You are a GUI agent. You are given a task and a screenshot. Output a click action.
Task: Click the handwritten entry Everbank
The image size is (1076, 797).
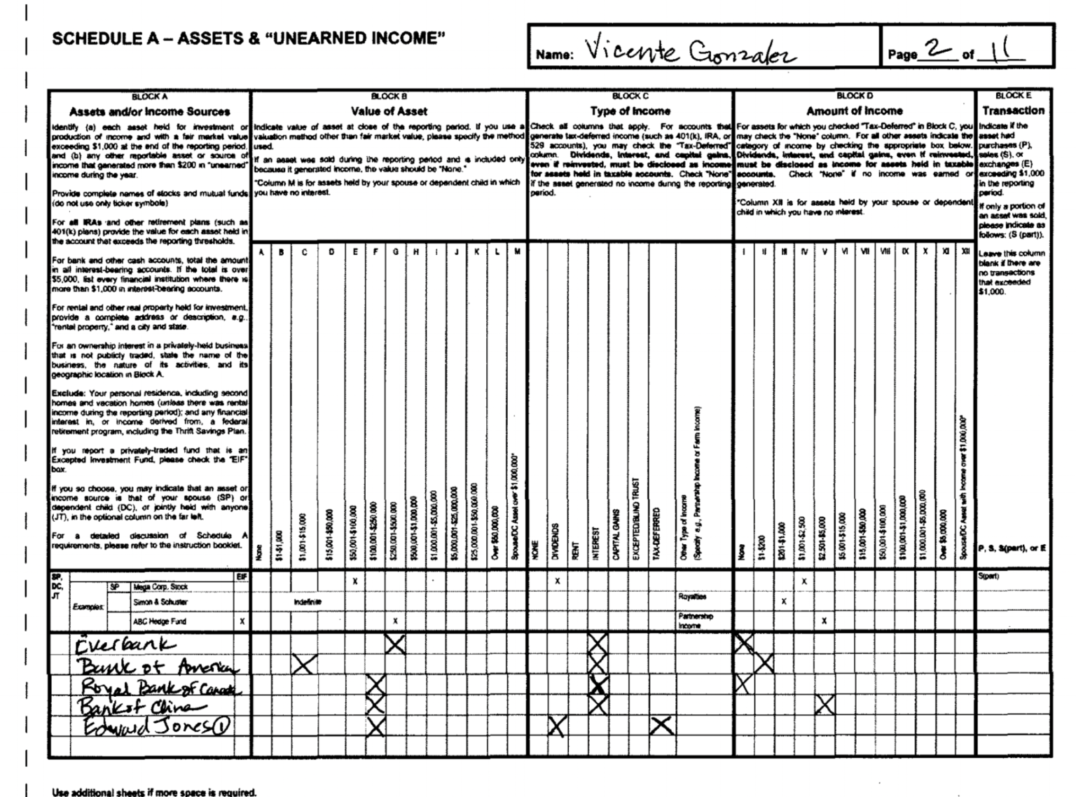pos(126,644)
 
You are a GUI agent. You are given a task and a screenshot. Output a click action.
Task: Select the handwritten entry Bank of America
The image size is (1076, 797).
pos(158,665)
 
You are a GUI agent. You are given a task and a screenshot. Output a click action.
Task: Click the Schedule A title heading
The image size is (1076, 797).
pos(248,39)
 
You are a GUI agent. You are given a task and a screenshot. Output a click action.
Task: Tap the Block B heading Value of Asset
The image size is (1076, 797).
pos(389,111)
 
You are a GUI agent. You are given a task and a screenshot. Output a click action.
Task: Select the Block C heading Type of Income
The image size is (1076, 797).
pos(630,111)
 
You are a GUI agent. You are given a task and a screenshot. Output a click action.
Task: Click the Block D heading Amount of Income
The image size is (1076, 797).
pos(854,111)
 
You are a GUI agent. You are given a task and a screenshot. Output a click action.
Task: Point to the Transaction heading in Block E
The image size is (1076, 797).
pos(1013,111)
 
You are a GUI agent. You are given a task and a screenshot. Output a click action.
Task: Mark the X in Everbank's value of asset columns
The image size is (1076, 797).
pos(395,644)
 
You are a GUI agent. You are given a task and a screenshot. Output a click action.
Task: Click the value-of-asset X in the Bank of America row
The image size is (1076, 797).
pos(304,664)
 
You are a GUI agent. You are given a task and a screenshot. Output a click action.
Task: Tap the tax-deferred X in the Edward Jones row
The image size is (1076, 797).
pos(661,726)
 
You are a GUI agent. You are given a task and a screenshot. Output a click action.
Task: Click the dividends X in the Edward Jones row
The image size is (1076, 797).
pos(557,726)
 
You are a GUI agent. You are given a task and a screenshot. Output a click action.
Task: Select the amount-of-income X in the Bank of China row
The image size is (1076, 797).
pos(825,705)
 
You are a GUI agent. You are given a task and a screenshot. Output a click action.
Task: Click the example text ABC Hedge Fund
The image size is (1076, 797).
pos(160,621)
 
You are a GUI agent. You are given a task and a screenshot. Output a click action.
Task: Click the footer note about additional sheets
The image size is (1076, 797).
pos(154,792)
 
